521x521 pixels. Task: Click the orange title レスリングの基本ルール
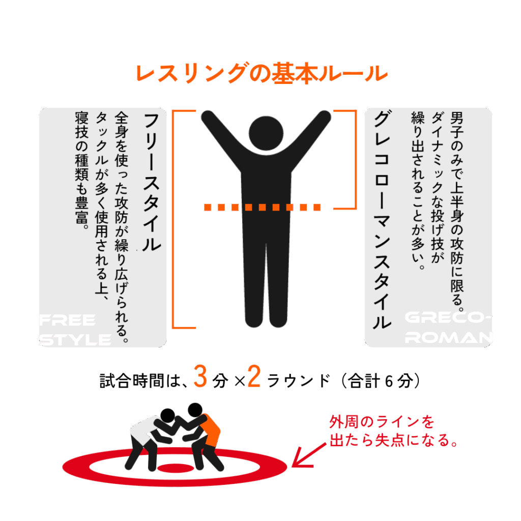[262, 73]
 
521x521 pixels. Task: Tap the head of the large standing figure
[266, 133]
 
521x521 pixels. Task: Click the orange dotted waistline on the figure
[262, 208]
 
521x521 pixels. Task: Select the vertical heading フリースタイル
[152, 182]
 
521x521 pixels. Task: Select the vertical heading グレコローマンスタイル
[382, 220]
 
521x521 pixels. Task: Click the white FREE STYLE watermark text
[75, 330]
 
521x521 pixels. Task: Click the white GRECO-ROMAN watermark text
[448, 328]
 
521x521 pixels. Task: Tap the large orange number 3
[200, 377]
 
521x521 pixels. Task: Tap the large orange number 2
[254, 377]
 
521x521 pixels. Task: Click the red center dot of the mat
[176, 468]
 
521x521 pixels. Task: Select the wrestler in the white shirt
[151, 439]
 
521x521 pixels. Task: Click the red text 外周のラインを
[382, 422]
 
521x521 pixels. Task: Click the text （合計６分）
[381, 381]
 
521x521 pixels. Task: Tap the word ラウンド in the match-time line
[299, 381]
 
